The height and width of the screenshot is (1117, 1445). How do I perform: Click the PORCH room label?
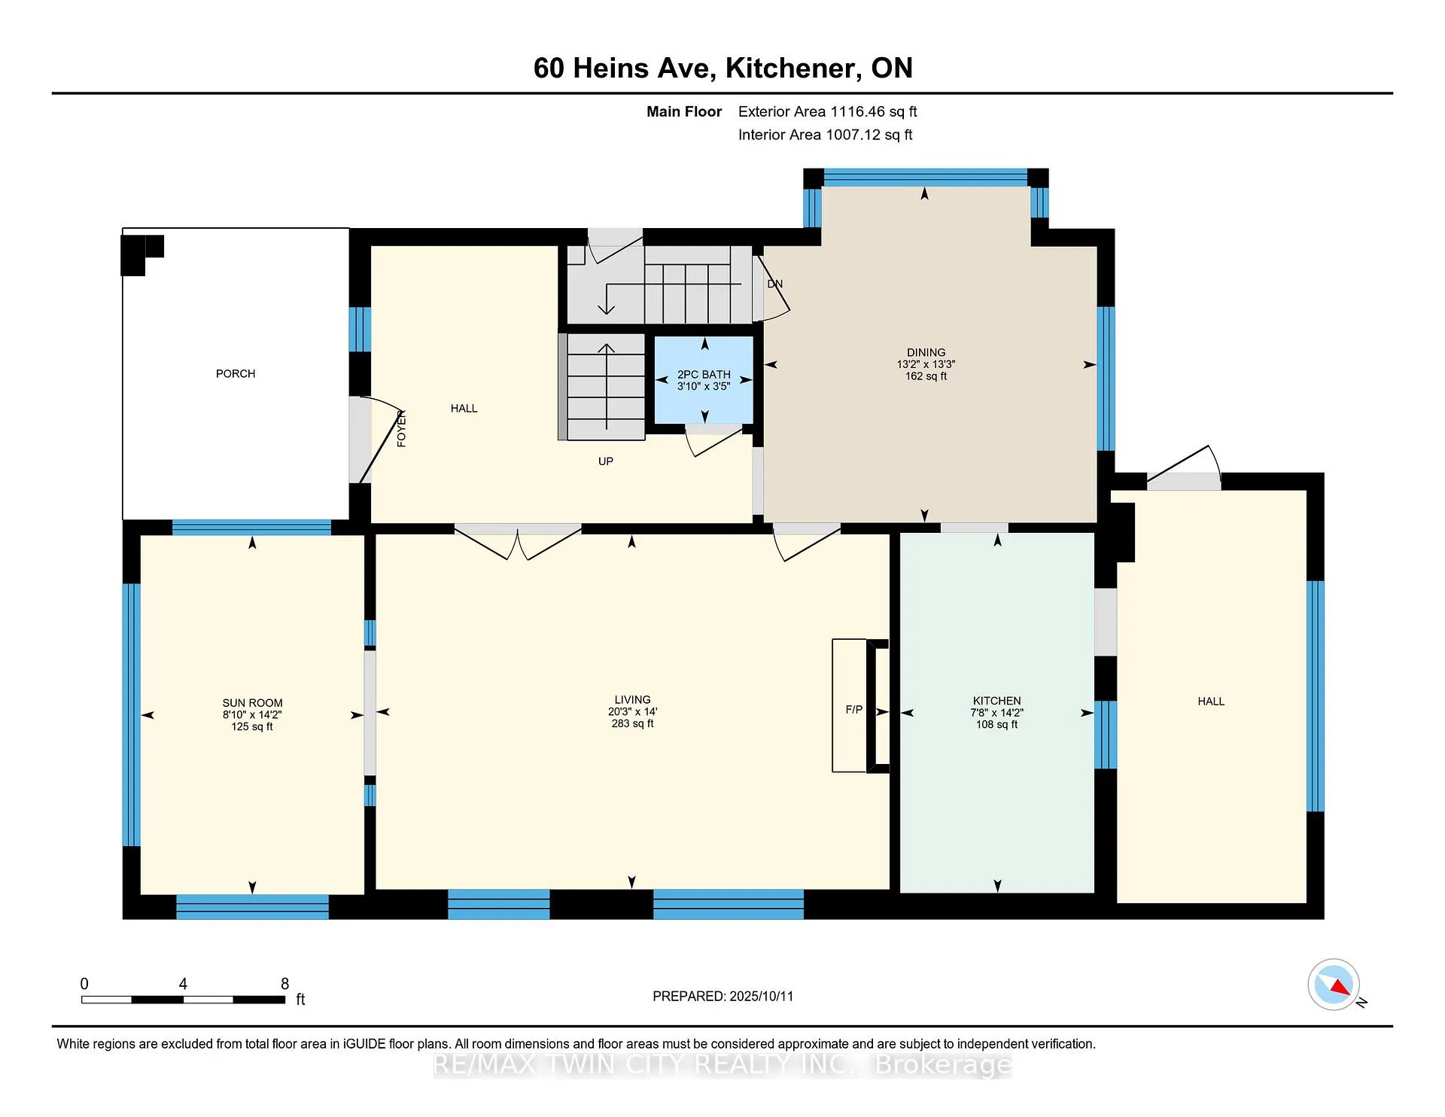click(x=236, y=374)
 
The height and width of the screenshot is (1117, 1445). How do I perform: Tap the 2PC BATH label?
click(x=704, y=375)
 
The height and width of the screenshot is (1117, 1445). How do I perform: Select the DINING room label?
click(x=926, y=352)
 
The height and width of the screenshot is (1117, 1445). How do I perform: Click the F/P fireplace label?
click(x=854, y=710)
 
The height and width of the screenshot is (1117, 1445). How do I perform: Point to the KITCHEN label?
click(x=996, y=701)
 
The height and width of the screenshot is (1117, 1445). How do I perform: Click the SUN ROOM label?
click(x=252, y=703)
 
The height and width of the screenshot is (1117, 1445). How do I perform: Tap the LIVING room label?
click(x=632, y=700)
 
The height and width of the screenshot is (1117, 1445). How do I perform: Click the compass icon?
click(x=1334, y=985)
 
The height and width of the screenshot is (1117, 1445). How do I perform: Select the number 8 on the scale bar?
click(x=284, y=984)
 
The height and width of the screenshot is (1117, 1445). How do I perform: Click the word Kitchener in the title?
click(x=792, y=68)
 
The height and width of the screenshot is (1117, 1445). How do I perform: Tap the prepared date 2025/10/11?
click(x=761, y=997)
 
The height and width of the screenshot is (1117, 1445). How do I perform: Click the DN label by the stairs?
click(x=775, y=284)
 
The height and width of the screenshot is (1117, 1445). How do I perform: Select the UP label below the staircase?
click(x=606, y=461)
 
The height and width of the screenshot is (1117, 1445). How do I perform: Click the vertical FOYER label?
click(x=401, y=428)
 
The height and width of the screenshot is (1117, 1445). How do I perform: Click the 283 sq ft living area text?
click(x=632, y=724)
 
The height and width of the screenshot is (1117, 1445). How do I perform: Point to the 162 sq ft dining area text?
click(x=926, y=376)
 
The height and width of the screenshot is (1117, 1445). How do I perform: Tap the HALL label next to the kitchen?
click(x=1211, y=702)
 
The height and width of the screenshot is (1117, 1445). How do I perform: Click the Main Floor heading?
click(x=684, y=112)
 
